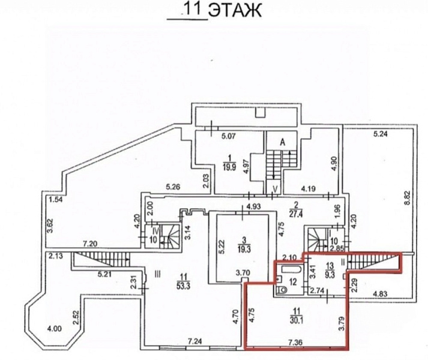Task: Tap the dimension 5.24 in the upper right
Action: (381, 134)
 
